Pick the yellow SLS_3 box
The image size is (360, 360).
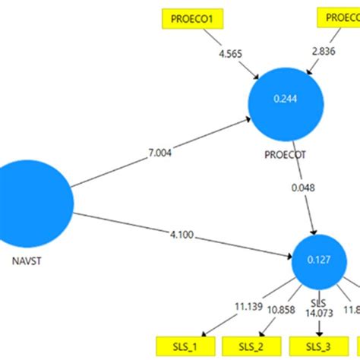tap(318, 346)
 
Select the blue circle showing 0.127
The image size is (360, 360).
tap(318, 259)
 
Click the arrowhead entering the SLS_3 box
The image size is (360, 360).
tap(318, 333)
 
